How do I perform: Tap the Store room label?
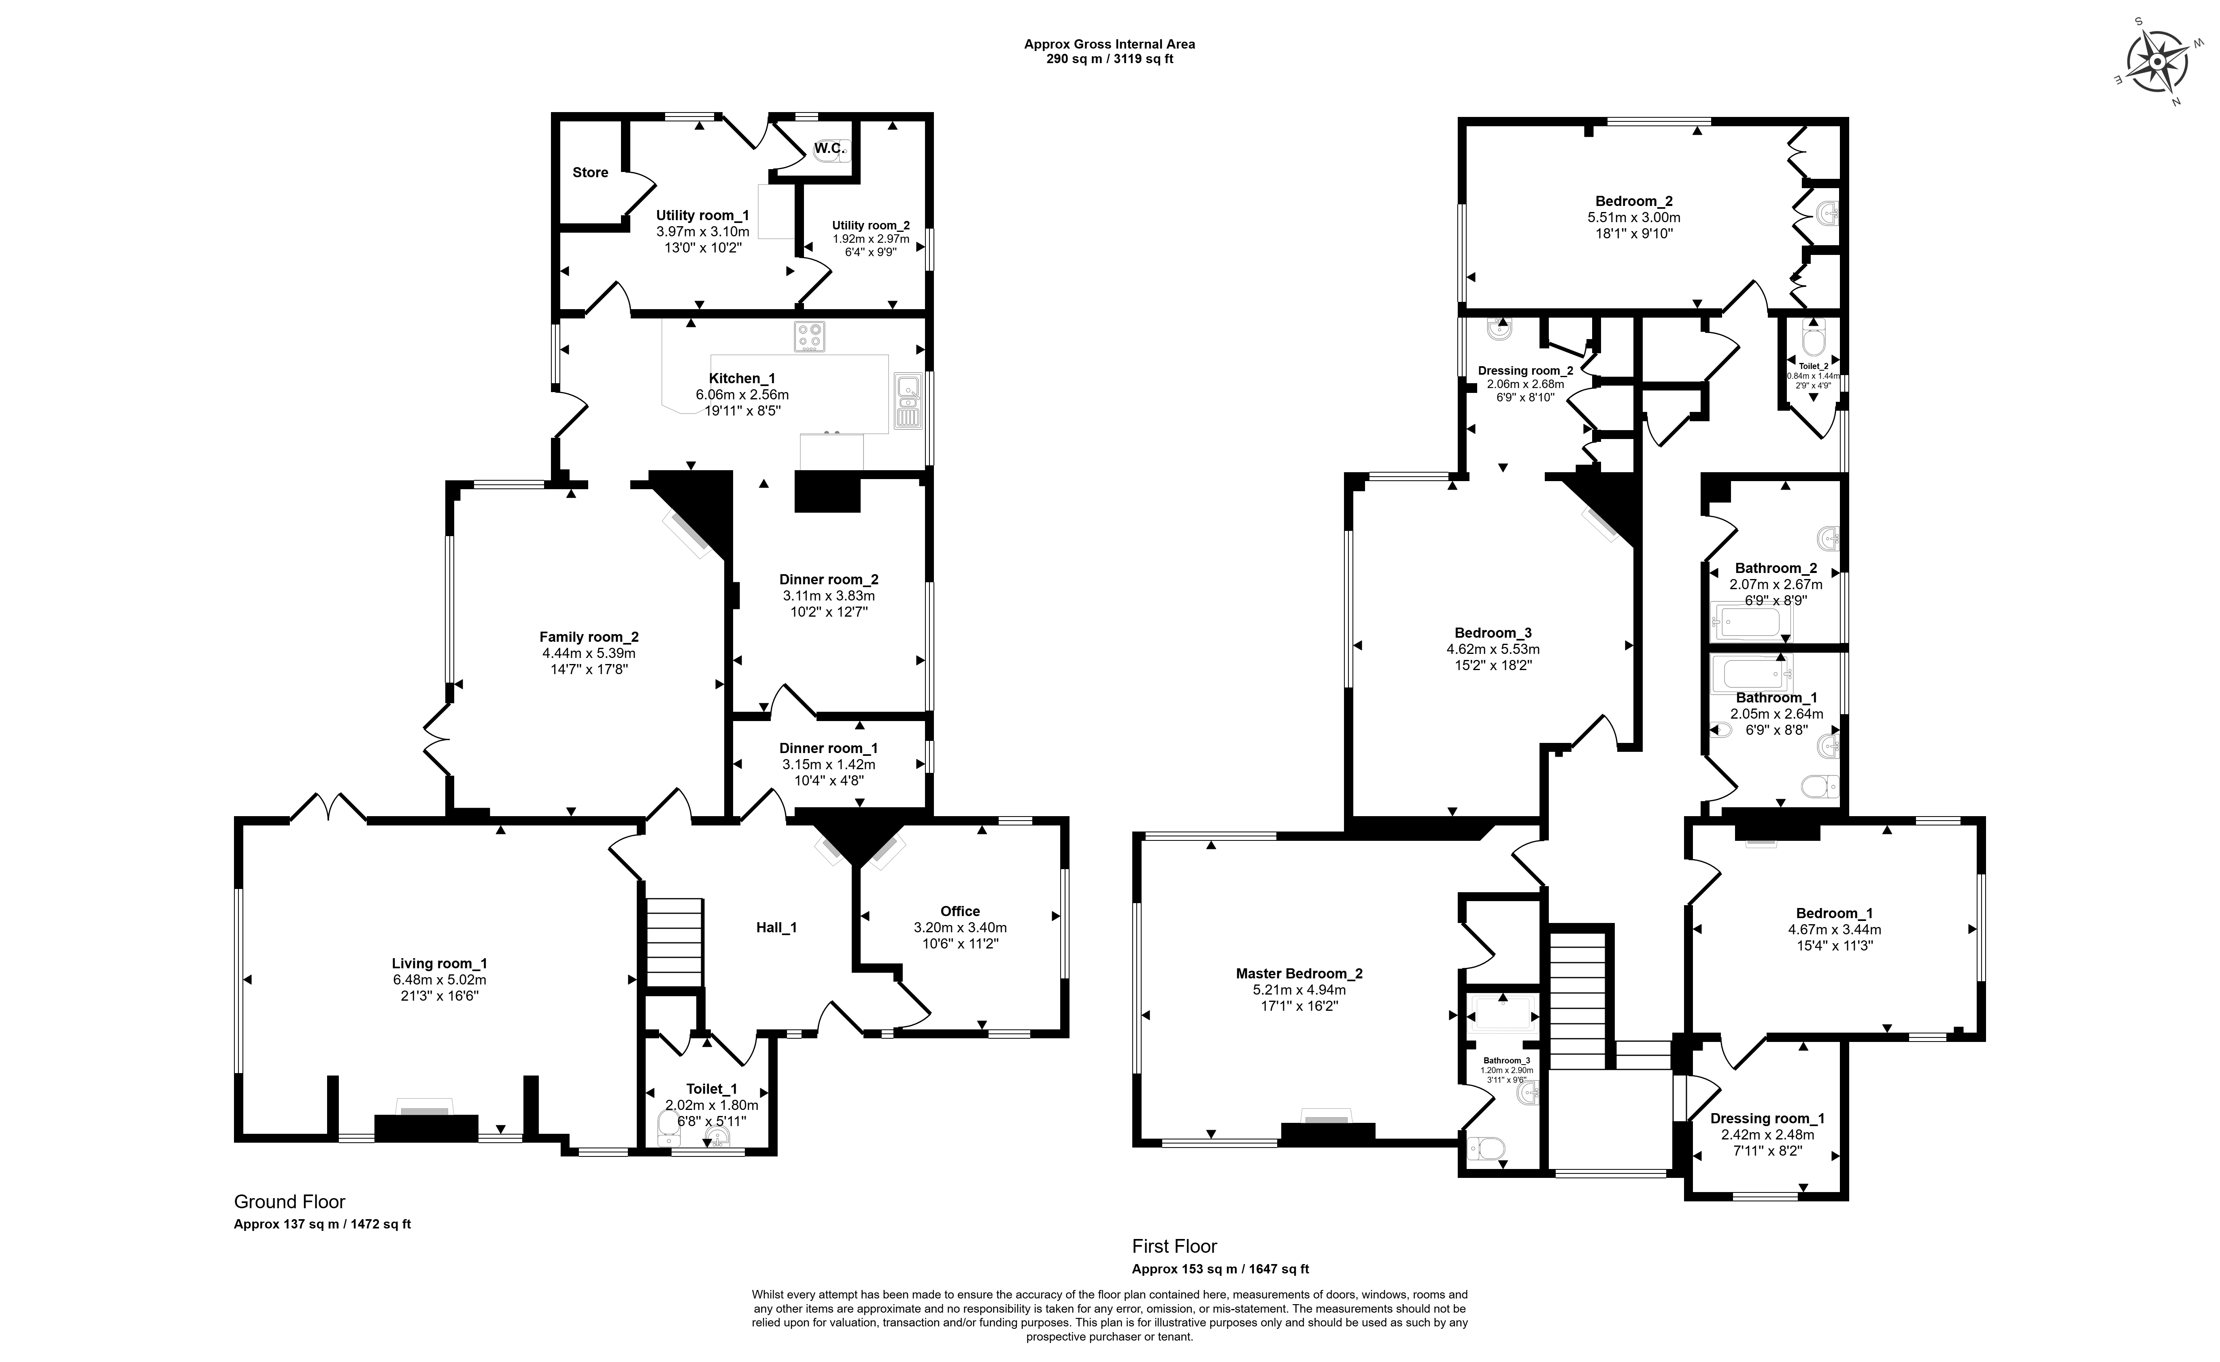pos(590,172)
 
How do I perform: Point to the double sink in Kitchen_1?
pos(907,402)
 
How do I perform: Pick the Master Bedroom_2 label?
pos(1299,973)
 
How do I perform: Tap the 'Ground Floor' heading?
pos(289,1202)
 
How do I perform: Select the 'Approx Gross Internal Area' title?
pos(1109,43)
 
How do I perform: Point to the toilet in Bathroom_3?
pos(1486,1148)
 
